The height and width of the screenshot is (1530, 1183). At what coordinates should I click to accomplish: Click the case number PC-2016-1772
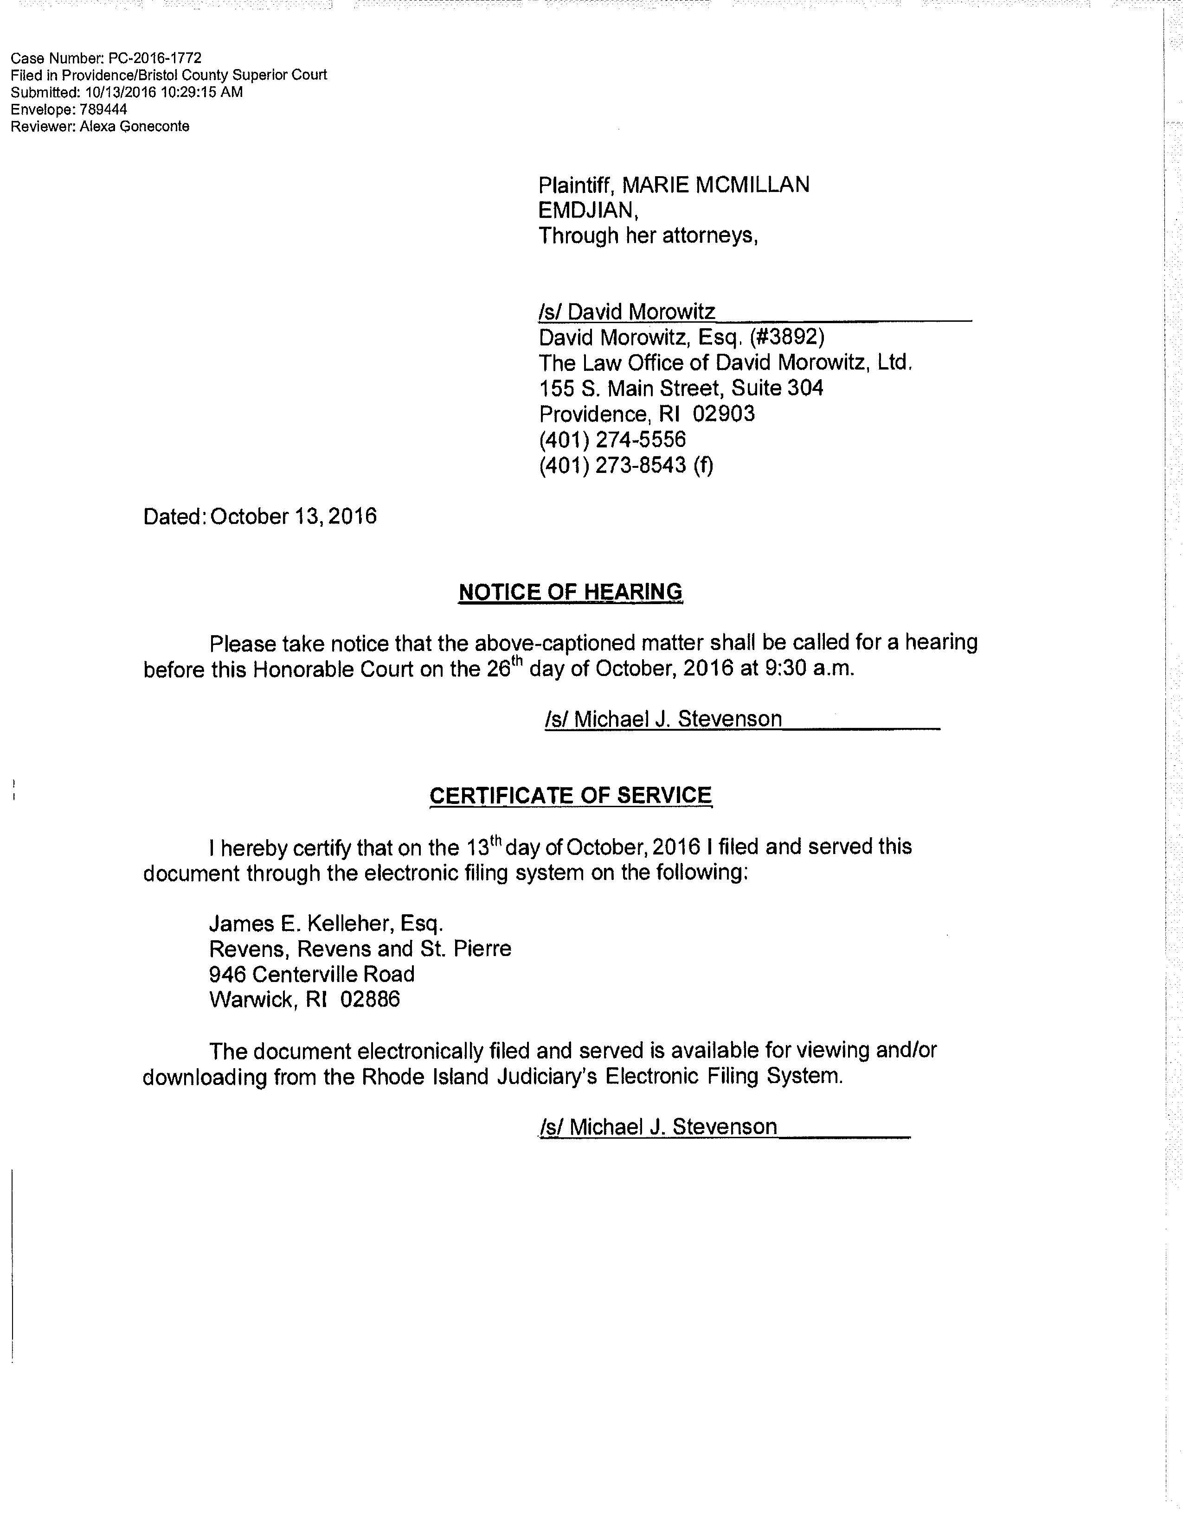coord(155,57)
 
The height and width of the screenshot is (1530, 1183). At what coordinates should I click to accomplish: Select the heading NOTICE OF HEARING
coord(570,592)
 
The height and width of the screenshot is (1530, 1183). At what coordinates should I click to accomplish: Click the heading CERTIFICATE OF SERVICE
coord(571,795)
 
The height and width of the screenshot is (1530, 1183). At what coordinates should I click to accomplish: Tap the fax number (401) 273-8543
coord(612,465)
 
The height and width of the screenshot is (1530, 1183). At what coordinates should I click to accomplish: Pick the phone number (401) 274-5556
coord(612,439)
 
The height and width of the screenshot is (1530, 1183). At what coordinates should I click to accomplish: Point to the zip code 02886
coord(370,999)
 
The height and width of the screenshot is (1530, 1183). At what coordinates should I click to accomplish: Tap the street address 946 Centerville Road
coord(312,974)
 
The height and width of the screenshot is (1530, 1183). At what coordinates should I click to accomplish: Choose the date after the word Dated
coord(293,516)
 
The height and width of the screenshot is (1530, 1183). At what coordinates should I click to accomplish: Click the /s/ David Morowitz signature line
coord(627,311)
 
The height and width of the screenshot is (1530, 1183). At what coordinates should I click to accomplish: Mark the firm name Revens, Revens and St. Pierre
coord(360,949)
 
